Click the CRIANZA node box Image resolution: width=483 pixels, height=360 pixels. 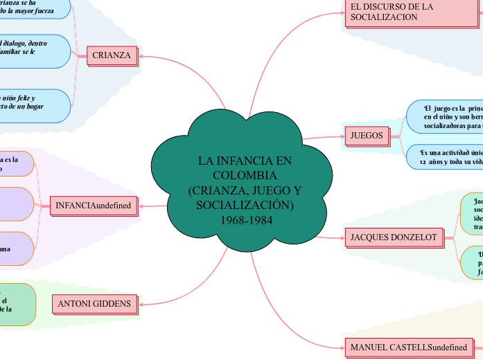click(112, 55)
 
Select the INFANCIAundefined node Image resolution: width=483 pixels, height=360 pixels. click(94, 205)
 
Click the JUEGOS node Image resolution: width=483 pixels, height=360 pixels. click(367, 135)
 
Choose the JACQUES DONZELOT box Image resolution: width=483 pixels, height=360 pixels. click(394, 237)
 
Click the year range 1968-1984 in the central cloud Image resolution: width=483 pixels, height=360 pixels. click(239, 220)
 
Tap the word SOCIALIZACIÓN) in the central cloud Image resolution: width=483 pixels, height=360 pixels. click(245, 206)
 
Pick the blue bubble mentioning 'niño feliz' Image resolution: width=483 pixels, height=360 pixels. click(35, 104)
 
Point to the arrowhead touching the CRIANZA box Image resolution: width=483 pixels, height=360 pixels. click(141, 55)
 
